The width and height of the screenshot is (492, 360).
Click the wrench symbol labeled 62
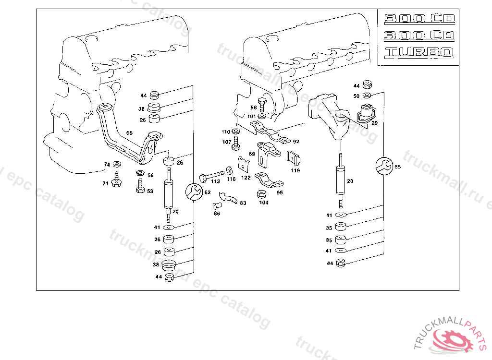click(194, 192)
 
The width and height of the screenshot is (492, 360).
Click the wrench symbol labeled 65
click(384, 166)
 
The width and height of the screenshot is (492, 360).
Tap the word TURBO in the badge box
click(419, 52)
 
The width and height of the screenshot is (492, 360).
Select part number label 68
click(129, 132)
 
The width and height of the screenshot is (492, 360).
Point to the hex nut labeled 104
click(262, 194)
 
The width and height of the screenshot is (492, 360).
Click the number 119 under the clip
click(295, 170)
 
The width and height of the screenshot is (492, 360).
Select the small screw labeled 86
click(216, 206)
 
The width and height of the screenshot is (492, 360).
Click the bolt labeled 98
click(262, 102)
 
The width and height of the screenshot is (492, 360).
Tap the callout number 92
click(296, 142)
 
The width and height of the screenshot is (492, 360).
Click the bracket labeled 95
click(269, 180)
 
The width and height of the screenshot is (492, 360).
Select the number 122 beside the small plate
click(246, 178)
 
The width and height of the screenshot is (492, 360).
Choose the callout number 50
click(356, 96)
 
